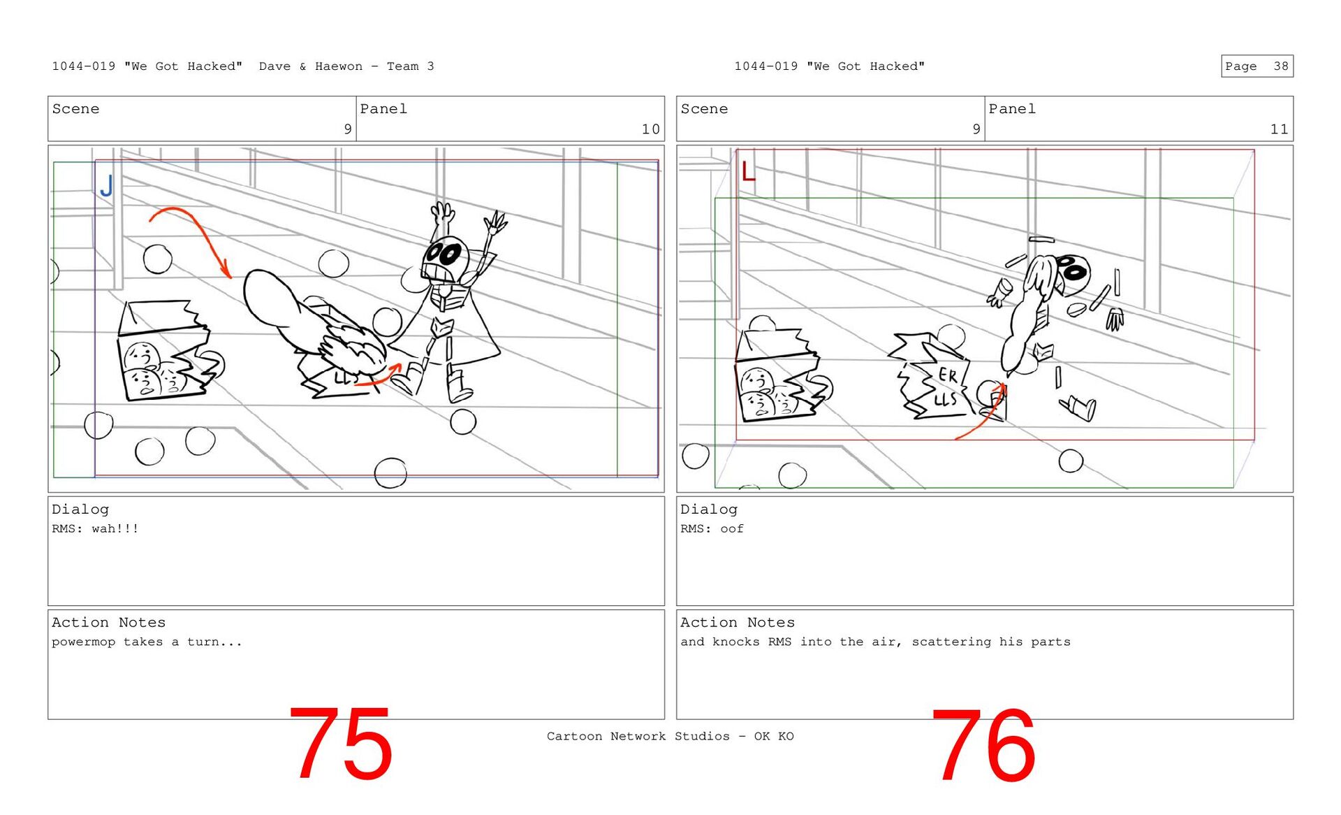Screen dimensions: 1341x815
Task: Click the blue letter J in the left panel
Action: (x=106, y=186)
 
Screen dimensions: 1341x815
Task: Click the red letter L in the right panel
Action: (x=748, y=171)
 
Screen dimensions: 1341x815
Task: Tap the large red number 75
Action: (x=340, y=744)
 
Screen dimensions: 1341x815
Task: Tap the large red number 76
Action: (x=983, y=745)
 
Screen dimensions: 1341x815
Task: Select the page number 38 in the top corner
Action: (x=1280, y=66)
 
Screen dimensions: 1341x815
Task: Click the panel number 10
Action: (x=650, y=129)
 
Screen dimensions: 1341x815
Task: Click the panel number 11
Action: (x=1279, y=129)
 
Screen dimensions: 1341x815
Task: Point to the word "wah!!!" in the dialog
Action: (x=115, y=528)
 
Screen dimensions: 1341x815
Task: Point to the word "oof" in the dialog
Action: (x=732, y=528)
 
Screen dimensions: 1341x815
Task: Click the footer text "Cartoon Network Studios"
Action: (x=638, y=736)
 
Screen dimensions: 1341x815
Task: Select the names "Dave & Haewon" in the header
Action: (x=311, y=66)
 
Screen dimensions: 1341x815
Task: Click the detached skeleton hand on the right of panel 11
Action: (x=1115, y=319)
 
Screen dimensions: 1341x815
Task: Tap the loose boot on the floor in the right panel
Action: (x=1078, y=408)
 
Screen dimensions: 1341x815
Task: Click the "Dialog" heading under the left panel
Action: (x=80, y=510)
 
